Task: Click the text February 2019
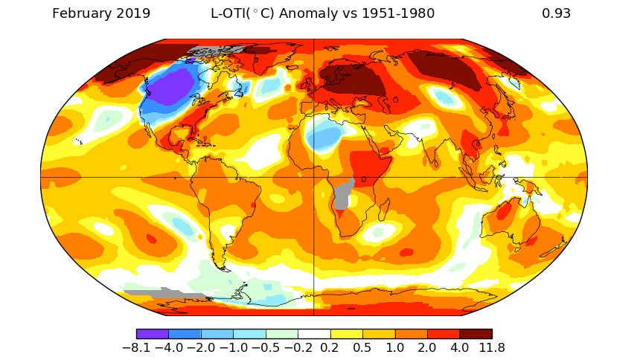tap(101, 13)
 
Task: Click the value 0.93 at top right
tap(557, 13)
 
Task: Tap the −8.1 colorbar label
tap(137, 347)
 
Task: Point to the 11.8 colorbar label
tap(492, 347)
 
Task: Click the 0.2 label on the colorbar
tap(330, 347)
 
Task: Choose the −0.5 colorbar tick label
tap(266, 347)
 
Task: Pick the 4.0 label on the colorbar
tap(459, 347)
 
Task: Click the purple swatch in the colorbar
tap(153, 333)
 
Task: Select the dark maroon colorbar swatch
tap(476, 333)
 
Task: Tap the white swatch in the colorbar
tap(314, 333)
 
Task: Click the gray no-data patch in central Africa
tap(342, 193)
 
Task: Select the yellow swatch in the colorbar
tap(346, 333)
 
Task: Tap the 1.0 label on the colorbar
tap(395, 347)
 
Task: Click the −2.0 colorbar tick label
tap(201, 347)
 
